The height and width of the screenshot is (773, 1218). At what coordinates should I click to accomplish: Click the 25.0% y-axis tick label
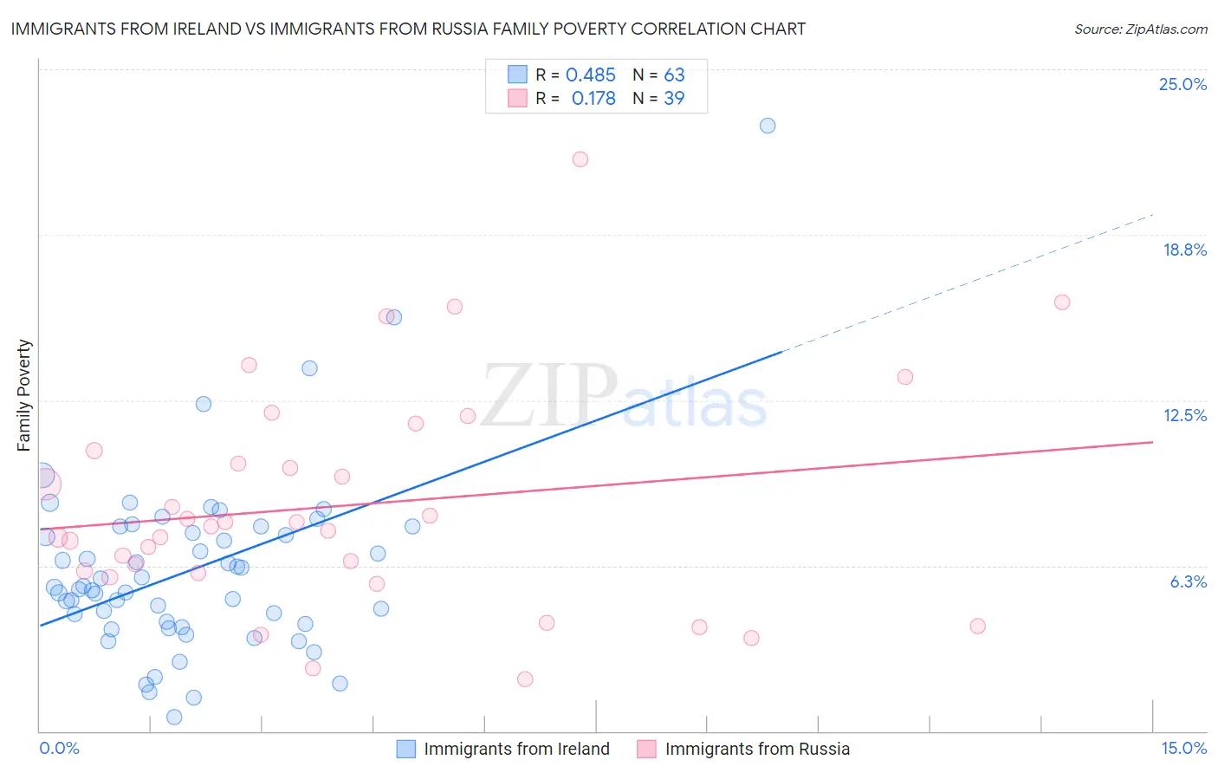[1182, 84]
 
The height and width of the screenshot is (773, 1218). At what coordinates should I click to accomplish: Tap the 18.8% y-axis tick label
[1184, 250]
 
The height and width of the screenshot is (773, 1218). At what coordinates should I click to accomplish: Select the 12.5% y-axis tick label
[1184, 415]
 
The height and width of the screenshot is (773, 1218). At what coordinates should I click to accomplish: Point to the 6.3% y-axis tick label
[1188, 581]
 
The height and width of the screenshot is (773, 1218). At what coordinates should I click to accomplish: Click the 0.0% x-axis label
[59, 748]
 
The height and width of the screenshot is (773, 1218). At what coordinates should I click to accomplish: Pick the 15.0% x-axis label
[1183, 748]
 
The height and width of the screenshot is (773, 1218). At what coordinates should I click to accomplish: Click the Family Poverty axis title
[23, 395]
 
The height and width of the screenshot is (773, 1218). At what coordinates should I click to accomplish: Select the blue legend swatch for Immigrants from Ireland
[405, 749]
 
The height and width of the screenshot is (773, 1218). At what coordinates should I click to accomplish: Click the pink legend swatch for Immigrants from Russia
[646, 749]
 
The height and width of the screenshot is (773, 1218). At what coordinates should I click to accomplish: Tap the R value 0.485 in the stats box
[590, 75]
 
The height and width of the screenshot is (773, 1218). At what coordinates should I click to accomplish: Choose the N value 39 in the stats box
[674, 99]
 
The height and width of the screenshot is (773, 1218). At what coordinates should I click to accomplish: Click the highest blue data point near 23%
[768, 126]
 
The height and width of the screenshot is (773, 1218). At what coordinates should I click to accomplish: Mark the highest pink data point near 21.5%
[580, 159]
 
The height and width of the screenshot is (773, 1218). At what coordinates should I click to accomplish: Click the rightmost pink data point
[1062, 302]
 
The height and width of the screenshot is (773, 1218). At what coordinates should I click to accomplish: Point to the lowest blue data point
[174, 717]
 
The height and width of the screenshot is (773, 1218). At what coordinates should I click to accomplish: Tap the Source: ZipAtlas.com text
[1140, 29]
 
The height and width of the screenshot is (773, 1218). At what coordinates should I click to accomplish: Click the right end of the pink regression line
[1151, 442]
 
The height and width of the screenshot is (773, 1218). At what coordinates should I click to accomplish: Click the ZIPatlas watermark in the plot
[624, 396]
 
